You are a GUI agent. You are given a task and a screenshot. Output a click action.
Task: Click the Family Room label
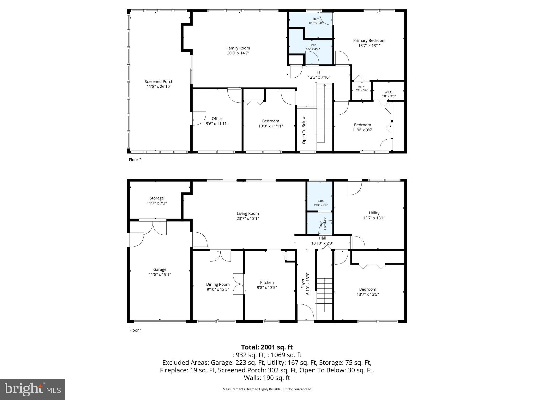pyautogui.click(x=238, y=48)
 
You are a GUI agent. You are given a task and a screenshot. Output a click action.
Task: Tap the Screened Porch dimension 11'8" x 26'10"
pyautogui.click(x=159, y=86)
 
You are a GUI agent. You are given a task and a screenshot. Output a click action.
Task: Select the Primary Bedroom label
pyautogui.click(x=369, y=40)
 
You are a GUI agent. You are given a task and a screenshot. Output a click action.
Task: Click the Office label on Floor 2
pyautogui.click(x=217, y=118)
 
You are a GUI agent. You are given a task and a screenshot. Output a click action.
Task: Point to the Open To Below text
pyautogui.click(x=304, y=130)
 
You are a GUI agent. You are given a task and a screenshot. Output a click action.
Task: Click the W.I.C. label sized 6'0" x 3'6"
pyautogui.click(x=389, y=92)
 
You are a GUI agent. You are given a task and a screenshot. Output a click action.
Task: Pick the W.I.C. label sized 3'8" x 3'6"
pyautogui.click(x=361, y=87)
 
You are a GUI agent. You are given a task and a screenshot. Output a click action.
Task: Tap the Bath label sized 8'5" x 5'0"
pyautogui.click(x=316, y=19)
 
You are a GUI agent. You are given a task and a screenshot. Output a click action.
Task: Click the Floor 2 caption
pyautogui.click(x=135, y=160)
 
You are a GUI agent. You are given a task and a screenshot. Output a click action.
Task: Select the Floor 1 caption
pyautogui.click(x=136, y=330)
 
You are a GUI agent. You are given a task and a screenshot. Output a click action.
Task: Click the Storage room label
pyautogui.click(x=156, y=198)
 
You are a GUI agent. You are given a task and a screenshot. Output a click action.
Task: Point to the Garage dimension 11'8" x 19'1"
pyautogui.click(x=160, y=274)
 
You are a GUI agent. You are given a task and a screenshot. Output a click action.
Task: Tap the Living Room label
pyautogui.click(x=247, y=214)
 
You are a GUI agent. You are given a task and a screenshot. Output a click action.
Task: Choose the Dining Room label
pyautogui.click(x=218, y=284)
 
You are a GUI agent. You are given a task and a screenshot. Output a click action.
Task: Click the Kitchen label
pyautogui.click(x=267, y=283)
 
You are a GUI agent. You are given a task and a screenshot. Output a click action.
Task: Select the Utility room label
pyautogui.click(x=374, y=213)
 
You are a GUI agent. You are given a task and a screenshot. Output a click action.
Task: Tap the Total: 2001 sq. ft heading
pyautogui.click(x=267, y=347)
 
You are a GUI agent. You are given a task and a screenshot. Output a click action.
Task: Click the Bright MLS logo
pyautogui.click(x=33, y=389)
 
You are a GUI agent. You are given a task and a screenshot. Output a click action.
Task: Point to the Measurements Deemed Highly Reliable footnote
pyautogui.click(x=267, y=389)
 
